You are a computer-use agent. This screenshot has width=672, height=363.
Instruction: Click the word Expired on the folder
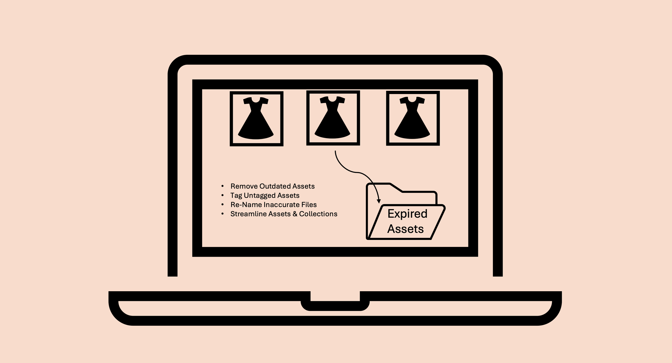(x=407, y=214)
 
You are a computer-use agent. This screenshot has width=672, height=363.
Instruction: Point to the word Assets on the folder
(x=405, y=229)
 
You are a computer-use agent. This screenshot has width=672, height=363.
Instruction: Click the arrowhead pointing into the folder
(x=379, y=201)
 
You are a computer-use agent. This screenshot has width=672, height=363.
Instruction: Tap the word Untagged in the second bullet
(x=260, y=196)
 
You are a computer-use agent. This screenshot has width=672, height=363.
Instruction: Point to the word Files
(x=309, y=205)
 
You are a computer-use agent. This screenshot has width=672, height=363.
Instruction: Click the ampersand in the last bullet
(x=295, y=214)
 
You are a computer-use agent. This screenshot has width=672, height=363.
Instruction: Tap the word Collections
(x=318, y=214)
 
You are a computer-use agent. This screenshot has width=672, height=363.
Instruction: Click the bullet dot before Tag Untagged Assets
(x=222, y=195)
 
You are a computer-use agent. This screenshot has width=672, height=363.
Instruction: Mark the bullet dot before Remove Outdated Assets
(x=222, y=186)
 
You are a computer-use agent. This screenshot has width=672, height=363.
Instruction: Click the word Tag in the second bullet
(x=236, y=196)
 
